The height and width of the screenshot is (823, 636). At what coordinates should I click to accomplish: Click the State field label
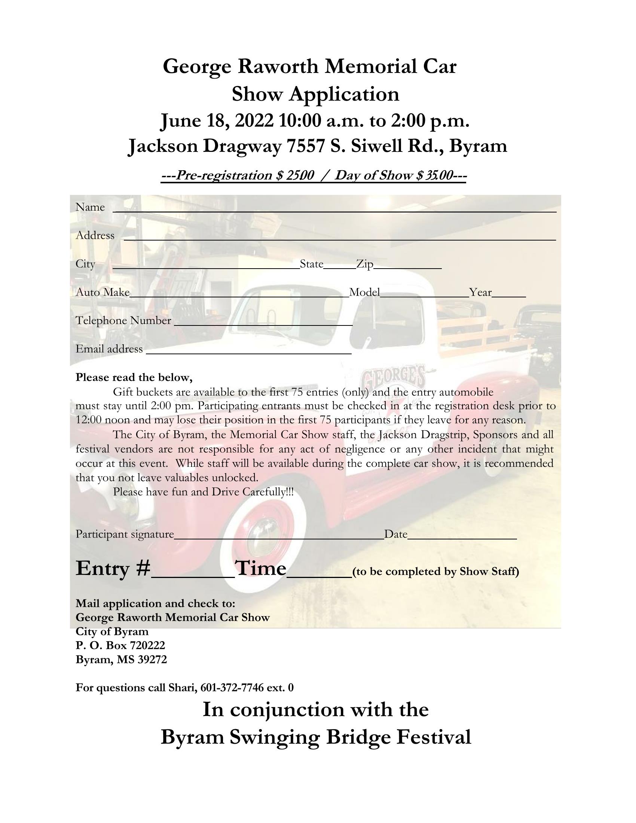click(x=311, y=264)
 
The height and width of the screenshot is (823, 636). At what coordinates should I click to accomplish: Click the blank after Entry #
click(x=193, y=574)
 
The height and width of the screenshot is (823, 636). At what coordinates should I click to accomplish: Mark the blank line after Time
click(x=319, y=574)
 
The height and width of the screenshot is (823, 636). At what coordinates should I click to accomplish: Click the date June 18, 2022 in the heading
click(x=217, y=121)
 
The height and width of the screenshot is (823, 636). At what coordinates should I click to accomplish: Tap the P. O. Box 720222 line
click(x=120, y=646)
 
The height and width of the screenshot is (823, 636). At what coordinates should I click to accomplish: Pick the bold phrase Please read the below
click(x=134, y=377)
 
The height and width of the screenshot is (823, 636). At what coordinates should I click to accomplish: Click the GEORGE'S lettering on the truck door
click(x=392, y=376)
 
